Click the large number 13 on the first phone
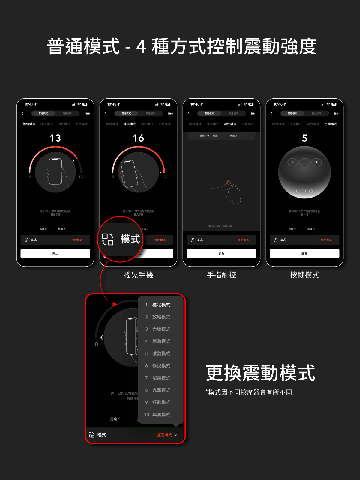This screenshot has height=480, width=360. point(55,138)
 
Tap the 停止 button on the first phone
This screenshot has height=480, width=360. point(55,253)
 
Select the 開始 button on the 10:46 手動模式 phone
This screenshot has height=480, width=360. point(304,253)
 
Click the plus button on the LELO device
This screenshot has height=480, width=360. point(316,162)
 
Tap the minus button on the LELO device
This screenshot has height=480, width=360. point(293,162)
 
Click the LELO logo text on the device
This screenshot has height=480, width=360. point(304,191)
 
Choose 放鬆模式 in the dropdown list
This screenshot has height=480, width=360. point(161,317)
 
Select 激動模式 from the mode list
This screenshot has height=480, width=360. point(161,353)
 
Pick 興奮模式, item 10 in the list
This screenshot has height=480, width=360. point(161,415)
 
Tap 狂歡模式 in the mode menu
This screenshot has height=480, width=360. point(161,402)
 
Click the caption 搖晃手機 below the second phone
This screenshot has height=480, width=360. point(138,275)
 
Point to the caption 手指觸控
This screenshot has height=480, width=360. point(221,275)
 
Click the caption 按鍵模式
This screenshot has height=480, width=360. point(304,275)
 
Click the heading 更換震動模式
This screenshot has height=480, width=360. point(260,373)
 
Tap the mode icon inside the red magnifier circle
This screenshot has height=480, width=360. point(108,239)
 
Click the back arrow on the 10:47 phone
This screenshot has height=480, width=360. point(22,113)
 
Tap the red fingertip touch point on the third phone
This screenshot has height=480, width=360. point(229,182)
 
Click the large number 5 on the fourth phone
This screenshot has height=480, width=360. point(304,138)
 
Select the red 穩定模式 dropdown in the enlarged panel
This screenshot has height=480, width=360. point(166,435)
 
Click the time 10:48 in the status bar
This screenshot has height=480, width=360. point(112,104)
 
